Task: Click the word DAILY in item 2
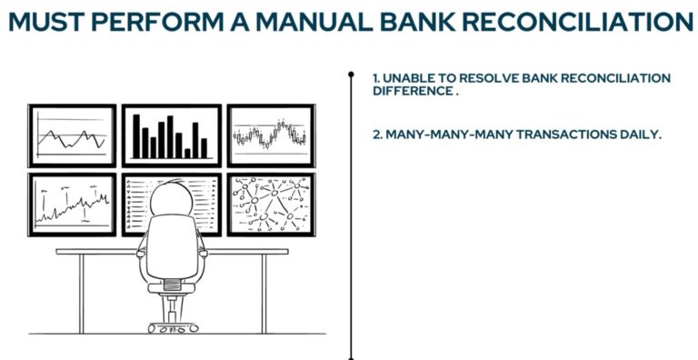[638, 135]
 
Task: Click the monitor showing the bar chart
[171, 135]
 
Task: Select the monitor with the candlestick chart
[270, 135]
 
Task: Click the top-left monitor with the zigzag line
[72, 135]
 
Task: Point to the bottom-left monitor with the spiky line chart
[72, 204]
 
